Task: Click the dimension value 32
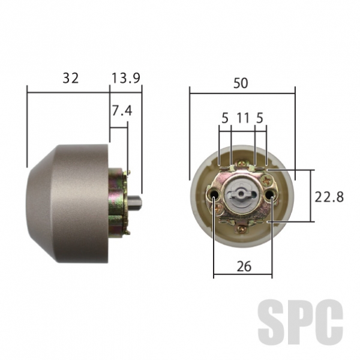(70, 78)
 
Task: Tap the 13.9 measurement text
(125, 78)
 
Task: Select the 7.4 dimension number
(122, 110)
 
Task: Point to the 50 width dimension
(241, 83)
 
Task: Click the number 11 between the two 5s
(243, 118)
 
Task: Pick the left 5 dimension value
(225, 118)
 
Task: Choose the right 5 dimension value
(259, 118)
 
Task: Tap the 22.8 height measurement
(329, 197)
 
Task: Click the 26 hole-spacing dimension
(244, 266)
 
